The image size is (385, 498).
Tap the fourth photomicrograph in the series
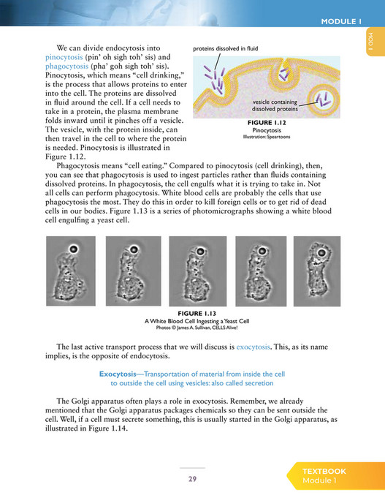254,270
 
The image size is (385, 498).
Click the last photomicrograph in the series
316,270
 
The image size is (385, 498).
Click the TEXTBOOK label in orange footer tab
324,472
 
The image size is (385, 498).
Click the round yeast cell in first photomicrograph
73,249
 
